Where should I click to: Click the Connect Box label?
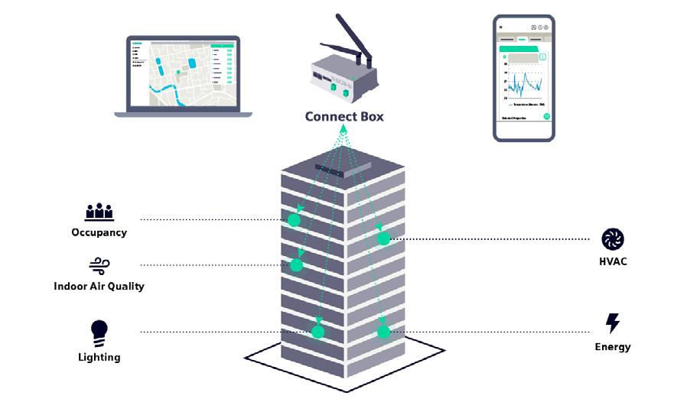click(343, 117)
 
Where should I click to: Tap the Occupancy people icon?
click(99, 212)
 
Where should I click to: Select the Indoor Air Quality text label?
click(99, 287)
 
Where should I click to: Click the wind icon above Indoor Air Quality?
click(99, 265)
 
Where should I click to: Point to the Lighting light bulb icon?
click(99, 331)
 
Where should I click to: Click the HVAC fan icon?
click(613, 239)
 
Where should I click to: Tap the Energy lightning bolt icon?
click(613, 323)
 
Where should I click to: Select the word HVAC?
click(613, 262)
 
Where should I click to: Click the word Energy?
click(613, 347)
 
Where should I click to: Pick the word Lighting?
click(99, 357)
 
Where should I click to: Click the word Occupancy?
click(99, 232)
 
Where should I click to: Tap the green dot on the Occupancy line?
click(294, 220)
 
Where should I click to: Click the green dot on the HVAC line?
click(384, 239)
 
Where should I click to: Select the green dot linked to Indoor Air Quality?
click(297, 266)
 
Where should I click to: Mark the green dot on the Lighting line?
click(317, 332)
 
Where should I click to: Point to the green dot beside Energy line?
click(384, 332)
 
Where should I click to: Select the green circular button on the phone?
click(547, 117)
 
